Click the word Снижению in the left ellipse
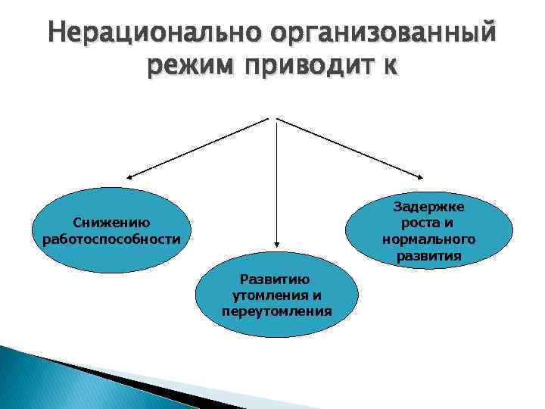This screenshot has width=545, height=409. [111, 223]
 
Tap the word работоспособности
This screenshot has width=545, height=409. [111, 239]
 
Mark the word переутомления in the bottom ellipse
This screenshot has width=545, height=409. [276, 311]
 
